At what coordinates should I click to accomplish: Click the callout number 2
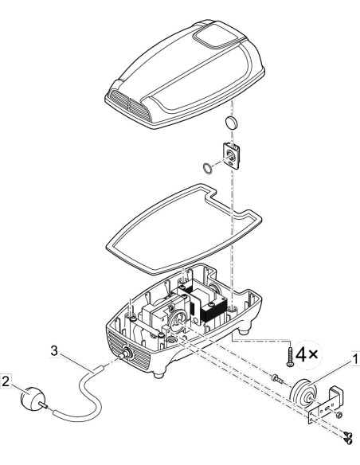(6, 381)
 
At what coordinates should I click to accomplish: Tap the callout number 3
(53, 351)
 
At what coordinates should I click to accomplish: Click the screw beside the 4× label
(289, 357)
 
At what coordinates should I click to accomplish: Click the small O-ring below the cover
(208, 169)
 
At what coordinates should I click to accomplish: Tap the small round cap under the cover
(232, 123)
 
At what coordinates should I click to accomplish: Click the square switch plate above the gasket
(231, 156)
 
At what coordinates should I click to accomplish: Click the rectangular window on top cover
(216, 37)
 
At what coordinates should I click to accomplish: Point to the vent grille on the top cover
(128, 104)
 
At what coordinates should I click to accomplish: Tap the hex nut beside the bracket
(340, 414)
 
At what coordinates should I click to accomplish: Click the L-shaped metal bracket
(327, 404)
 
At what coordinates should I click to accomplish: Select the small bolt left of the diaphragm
(277, 379)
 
